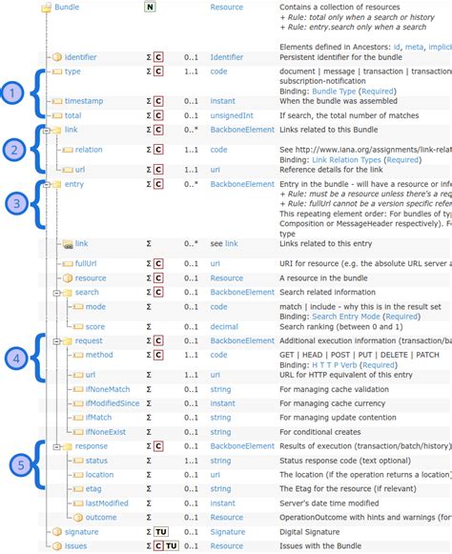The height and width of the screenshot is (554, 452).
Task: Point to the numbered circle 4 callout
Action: [x=13, y=358]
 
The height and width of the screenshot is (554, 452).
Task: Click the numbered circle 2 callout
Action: [x=13, y=149]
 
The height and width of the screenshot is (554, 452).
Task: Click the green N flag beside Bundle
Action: [x=149, y=7]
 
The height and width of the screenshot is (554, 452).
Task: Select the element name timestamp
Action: [x=83, y=100]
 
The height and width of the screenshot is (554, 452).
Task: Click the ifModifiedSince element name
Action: [x=112, y=403]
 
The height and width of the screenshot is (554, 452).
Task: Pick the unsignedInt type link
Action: [x=232, y=114]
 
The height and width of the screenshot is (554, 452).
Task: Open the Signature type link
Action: [x=228, y=531]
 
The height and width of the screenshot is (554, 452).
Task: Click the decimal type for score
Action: [x=226, y=325]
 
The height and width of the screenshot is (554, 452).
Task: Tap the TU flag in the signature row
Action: [x=161, y=531]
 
